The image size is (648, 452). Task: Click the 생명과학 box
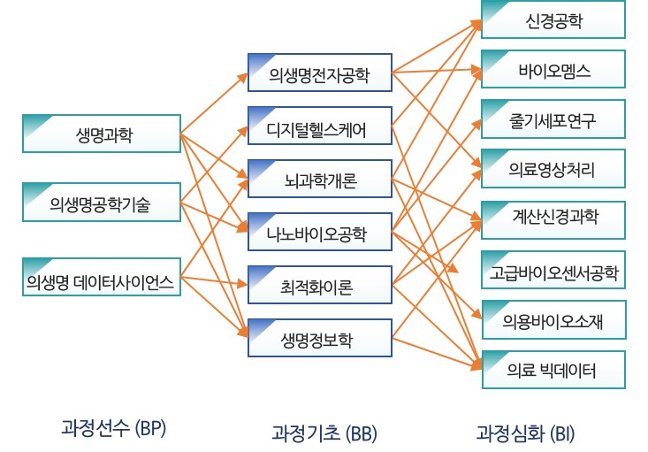[x=100, y=134]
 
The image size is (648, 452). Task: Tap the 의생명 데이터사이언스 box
[x=100, y=284]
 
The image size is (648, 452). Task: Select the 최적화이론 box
[x=320, y=287]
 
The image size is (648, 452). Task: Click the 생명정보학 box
[x=320, y=341]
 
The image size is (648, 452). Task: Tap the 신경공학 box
[x=553, y=19]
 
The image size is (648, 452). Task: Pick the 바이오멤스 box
[x=553, y=69]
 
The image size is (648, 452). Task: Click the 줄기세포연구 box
[x=553, y=119]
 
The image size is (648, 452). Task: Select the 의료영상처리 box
[x=553, y=169]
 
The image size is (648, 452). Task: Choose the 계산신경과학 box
[x=553, y=218]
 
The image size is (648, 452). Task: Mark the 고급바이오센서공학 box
[x=553, y=271]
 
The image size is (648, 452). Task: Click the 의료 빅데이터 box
[x=553, y=370]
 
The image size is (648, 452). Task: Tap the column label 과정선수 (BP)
[x=114, y=429]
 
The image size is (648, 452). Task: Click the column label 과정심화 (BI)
[x=525, y=433]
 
